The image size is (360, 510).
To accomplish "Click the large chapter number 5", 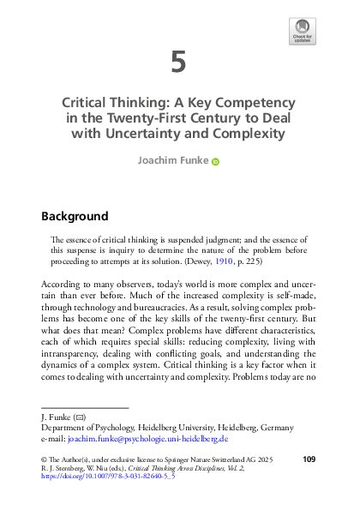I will [178, 63].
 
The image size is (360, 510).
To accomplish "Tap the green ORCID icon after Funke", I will [215, 160].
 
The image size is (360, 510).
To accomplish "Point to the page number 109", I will [310, 461].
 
